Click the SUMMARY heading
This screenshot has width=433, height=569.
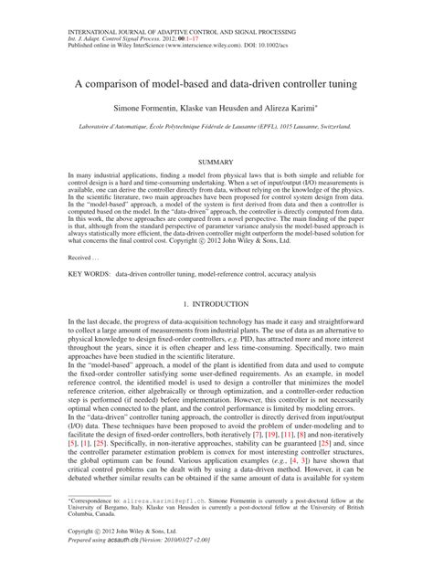(x=216, y=163)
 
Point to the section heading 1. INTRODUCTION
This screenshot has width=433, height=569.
(x=216, y=302)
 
